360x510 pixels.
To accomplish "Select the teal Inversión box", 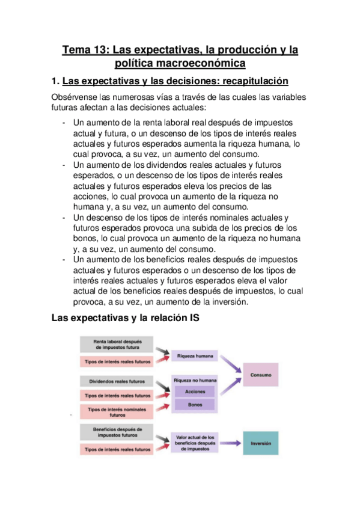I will coord(260,444).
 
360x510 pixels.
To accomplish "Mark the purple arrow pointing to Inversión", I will coord(230,444).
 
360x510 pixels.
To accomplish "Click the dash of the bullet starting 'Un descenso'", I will coord(64,217).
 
